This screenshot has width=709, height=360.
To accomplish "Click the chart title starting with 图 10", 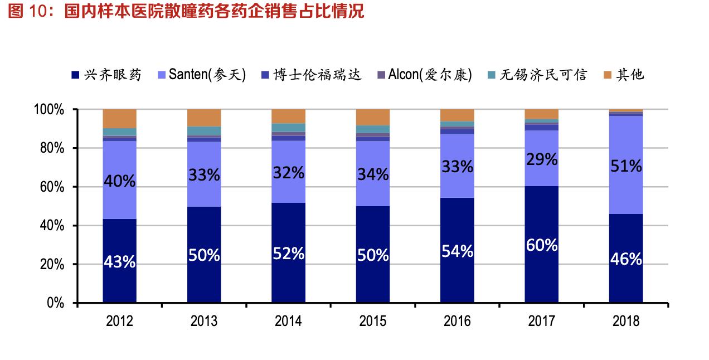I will pyautogui.click(x=186, y=11).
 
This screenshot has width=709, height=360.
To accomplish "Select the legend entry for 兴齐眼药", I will pyautogui.click(x=106, y=75).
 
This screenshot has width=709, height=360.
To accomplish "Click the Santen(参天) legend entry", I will pyautogui.click(x=201, y=75).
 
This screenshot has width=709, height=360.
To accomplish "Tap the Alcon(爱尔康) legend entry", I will pyautogui.click(x=424, y=75).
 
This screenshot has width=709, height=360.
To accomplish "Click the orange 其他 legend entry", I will pyautogui.click(x=624, y=75).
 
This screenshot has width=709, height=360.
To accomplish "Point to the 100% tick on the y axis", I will pyautogui.click(x=51, y=110).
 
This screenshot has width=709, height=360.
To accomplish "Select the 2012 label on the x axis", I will pyautogui.click(x=119, y=322).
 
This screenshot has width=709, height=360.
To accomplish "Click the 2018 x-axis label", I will pyautogui.click(x=625, y=322).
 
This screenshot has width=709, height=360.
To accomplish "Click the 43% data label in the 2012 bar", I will pyautogui.click(x=120, y=262).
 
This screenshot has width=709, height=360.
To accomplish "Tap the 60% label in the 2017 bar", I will pyautogui.click(x=541, y=245).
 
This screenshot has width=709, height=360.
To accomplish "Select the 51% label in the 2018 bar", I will pyautogui.click(x=625, y=166).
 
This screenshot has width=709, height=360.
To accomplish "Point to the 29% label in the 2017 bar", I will pyautogui.click(x=541, y=160).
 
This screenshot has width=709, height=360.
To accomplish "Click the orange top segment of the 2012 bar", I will pyautogui.click(x=120, y=118).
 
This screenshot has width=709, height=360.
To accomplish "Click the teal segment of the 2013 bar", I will pyautogui.click(x=204, y=130).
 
